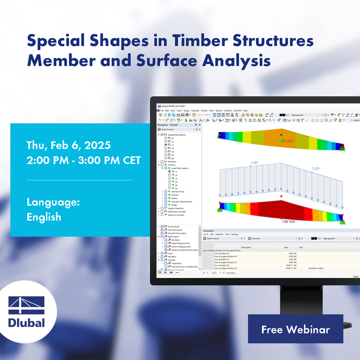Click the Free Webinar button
(x=295, y=329)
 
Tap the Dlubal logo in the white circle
(x=27, y=312)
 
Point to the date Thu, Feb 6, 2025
(x=69, y=145)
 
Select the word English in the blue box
(x=44, y=217)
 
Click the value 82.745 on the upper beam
(x=287, y=141)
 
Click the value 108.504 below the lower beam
(x=288, y=222)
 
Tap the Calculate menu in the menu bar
(x=195, y=110)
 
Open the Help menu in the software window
(x=245, y=110)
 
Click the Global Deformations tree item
(x=177, y=135)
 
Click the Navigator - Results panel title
(x=168, y=125)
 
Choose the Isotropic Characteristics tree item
(x=182, y=201)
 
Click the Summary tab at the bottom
(x=231, y=273)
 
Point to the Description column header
(x=246, y=247)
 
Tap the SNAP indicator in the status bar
(x=356, y=277)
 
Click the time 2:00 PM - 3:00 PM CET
(x=84, y=161)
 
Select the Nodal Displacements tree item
(x=181, y=243)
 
